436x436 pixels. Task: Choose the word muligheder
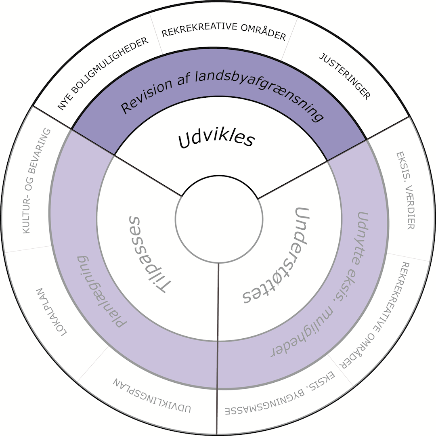[307, 333]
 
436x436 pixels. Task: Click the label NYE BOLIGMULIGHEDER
[103, 74]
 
